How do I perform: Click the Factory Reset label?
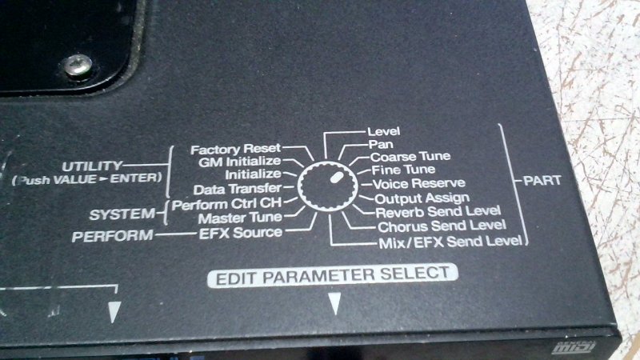(x=236, y=149)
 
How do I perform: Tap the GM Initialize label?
(x=240, y=162)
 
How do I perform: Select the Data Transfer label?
(x=238, y=189)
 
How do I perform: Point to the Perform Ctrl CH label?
(x=227, y=204)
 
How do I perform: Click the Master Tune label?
(x=240, y=218)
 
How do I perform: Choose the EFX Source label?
(x=241, y=233)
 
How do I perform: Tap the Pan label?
(x=381, y=145)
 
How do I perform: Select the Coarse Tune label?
(x=410, y=157)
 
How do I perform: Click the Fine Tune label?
(x=403, y=170)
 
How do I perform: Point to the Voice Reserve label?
(x=418, y=184)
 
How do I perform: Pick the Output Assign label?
(x=422, y=198)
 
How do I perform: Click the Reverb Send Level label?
(x=438, y=212)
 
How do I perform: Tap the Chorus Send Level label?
(x=442, y=226)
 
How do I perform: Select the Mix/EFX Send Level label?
(x=450, y=242)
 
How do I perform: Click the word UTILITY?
(x=92, y=166)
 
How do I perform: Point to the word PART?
(x=542, y=181)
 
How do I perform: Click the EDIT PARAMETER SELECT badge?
(x=333, y=275)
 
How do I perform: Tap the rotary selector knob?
(x=328, y=186)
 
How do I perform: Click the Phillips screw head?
(x=77, y=66)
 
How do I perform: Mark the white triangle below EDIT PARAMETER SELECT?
(x=334, y=304)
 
